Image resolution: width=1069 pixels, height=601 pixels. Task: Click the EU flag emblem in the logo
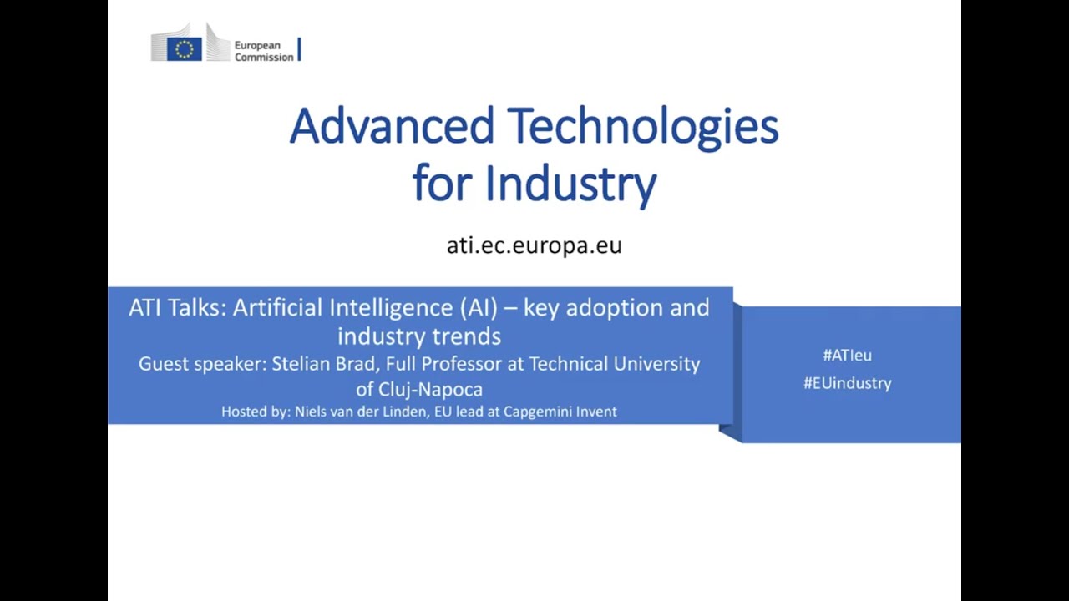[x=185, y=49]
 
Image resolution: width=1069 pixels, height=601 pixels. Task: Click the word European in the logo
[x=257, y=46]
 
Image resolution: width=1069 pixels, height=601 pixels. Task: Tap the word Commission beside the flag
[x=264, y=58]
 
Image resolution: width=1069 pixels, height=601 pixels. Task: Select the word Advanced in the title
[x=392, y=126]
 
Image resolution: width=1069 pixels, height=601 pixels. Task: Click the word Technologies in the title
[x=642, y=129]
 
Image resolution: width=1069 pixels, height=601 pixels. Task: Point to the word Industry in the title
[x=570, y=184]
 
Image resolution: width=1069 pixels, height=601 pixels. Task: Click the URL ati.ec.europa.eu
[x=534, y=245]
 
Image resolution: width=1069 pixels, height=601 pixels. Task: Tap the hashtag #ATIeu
[x=847, y=356]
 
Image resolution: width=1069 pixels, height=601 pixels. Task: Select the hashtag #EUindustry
[x=847, y=383]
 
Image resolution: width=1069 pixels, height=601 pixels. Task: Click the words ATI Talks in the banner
[x=177, y=308]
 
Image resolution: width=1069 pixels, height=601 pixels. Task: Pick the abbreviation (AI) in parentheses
[x=479, y=308]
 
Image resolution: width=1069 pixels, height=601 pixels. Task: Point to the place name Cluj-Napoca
[x=430, y=390]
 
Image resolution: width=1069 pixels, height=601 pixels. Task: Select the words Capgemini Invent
[x=560, y=412]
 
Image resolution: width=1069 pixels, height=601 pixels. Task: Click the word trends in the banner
[x=466, y=336]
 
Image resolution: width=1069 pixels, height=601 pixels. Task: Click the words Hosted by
[x=256, y=412]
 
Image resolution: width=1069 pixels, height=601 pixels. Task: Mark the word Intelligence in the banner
[x=390, y=309]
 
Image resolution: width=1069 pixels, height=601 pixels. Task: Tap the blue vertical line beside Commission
[x=299, y=49]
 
